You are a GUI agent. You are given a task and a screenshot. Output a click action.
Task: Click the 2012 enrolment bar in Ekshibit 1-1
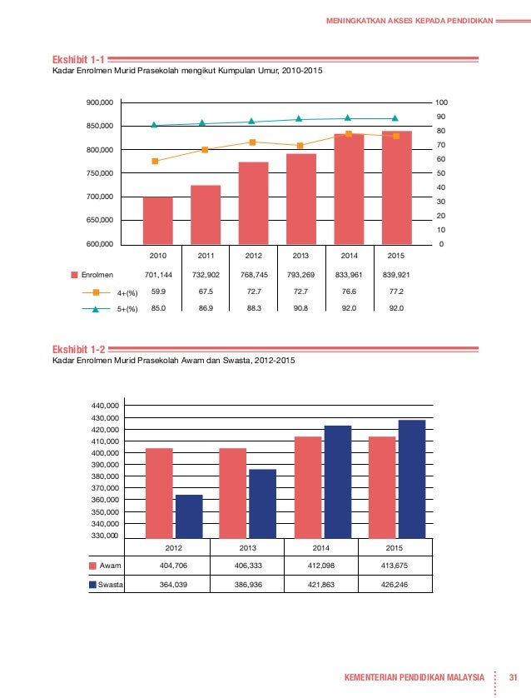(254, 203)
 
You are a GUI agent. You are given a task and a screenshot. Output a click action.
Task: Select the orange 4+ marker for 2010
(155, 161)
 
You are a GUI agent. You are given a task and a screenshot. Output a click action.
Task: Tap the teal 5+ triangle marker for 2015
(395, 118)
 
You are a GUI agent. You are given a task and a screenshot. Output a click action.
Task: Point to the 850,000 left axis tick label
(100, 126)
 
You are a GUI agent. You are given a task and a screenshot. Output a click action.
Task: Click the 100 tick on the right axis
(441, 102)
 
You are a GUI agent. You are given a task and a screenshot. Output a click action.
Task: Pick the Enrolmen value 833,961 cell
(349, 275)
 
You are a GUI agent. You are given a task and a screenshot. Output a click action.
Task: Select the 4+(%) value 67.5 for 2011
(206, 292)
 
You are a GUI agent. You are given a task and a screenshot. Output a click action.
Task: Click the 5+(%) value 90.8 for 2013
(300, 308)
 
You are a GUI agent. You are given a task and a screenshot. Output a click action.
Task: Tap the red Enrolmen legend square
(75, 275)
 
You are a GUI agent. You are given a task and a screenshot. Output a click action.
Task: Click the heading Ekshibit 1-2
(79, 350)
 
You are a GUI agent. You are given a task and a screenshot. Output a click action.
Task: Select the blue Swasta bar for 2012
(189, 516)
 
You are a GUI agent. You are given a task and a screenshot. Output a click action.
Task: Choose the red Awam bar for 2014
(308, 487)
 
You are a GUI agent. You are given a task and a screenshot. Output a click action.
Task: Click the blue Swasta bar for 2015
(412, 479)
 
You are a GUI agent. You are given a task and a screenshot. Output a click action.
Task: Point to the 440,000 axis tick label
(105, 406)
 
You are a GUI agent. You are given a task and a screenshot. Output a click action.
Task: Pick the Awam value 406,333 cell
(248, 566)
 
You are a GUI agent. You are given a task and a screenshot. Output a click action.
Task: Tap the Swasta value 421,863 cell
(321, 585)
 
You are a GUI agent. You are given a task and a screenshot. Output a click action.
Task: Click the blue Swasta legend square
(92, 585)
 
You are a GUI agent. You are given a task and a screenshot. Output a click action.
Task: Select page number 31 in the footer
(514, 677)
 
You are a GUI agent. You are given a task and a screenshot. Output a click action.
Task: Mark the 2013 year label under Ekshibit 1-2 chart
(247, 548)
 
